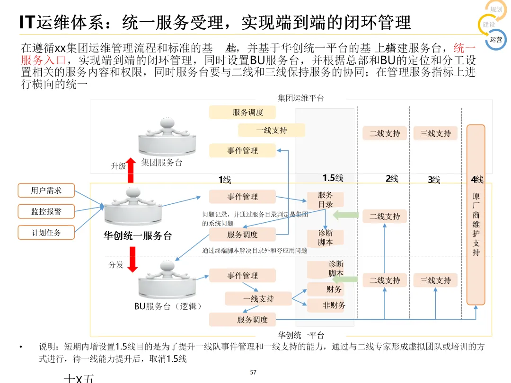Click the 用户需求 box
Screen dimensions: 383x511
coord(46,191)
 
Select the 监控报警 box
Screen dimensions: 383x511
coord(46,211)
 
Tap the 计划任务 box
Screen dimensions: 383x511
coord(46,232)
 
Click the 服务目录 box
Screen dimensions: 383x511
coord(326,200)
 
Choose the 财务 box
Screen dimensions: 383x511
coord(334,289)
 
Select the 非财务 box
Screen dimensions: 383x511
coord(334,305)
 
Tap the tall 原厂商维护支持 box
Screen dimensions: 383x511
coord(476,215)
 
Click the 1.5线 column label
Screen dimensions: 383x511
coord(333,178)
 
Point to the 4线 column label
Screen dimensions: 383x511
coord(476,180)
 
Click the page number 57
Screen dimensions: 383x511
coord(253,373)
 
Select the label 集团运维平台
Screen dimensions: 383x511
coord(301,98)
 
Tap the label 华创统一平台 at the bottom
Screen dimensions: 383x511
coord(301,335)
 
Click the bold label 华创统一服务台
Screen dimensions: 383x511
coord(138,235)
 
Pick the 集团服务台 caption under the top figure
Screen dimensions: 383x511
coord(162,163)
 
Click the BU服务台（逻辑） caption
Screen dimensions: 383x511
coord(168,306)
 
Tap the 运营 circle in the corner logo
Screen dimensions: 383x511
coord(496,40)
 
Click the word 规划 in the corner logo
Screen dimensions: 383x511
coord(496,10)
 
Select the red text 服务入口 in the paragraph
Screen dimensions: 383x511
coord(43,61)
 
